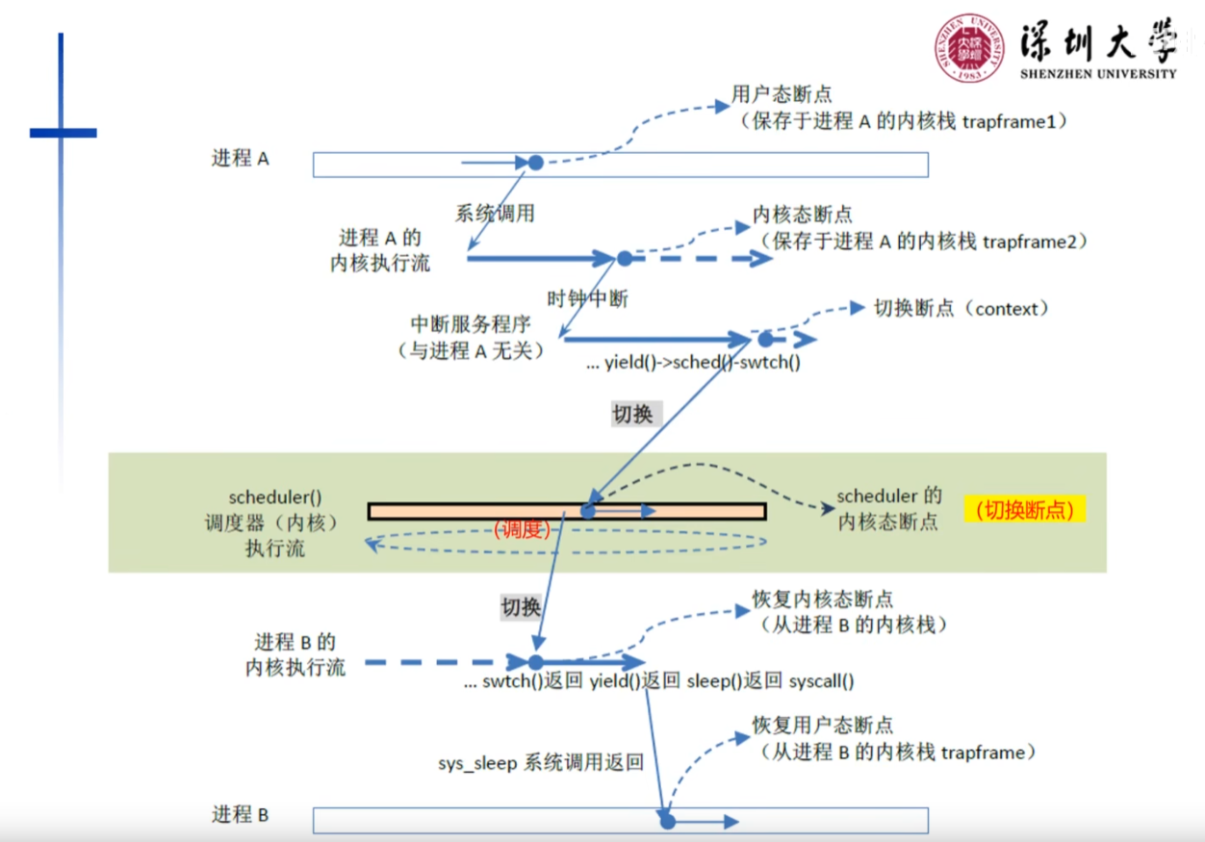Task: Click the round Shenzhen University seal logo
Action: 969,47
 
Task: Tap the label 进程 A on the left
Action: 240,159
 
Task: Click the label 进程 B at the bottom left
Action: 240,815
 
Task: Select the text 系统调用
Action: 495,214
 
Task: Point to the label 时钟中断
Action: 587,298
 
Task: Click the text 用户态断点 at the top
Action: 782,94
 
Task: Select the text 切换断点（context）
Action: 961,309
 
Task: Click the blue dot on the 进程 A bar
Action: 535,163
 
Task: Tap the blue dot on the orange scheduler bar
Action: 587,511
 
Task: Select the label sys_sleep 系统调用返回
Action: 540,763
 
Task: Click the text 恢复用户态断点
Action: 822,726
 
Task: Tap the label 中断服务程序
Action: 471,324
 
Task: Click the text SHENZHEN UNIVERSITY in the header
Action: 1097,73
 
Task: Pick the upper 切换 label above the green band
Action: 632,414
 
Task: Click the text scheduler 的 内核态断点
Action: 888,509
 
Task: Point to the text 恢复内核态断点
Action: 822,600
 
